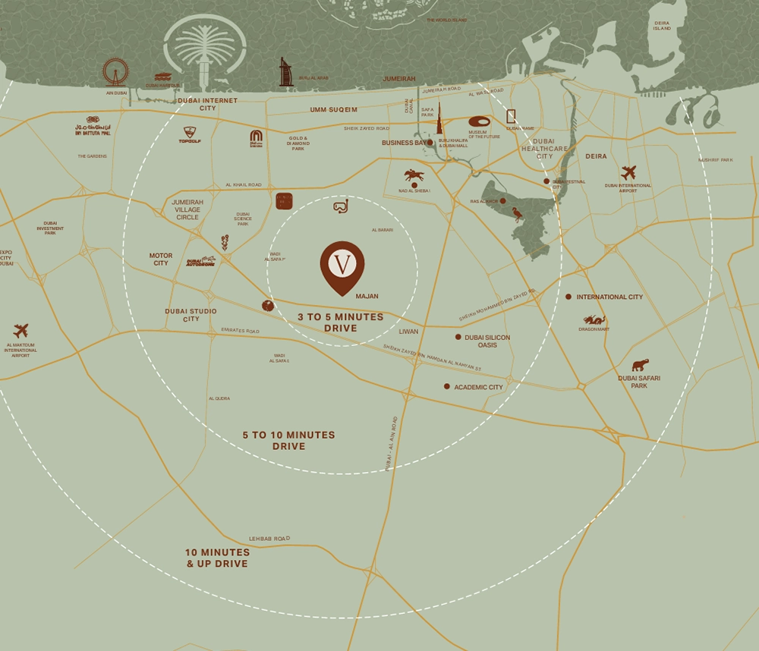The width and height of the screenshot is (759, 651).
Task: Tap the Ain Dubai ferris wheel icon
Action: click(115, 72)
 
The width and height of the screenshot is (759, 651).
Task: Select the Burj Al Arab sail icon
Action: click(285, 72)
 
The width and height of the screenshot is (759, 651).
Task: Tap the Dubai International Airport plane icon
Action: click(628, 172)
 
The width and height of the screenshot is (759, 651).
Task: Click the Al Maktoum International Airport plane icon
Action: click(20, 331)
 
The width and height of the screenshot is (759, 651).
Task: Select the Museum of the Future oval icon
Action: click(479, 121)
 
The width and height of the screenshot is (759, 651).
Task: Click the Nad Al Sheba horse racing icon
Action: click(414, 175)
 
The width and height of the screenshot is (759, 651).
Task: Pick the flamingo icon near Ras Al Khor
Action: click(518, 214)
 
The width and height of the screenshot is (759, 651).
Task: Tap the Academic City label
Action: click(478, 387)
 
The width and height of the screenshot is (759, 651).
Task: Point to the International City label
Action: click(609, 297)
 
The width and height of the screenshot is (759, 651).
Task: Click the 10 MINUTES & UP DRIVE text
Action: click(217, 558)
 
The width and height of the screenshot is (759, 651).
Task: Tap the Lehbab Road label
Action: click(269, 538)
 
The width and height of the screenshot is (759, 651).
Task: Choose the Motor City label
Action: click(161, 259)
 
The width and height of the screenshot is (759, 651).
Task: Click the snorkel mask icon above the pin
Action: click(341, 206)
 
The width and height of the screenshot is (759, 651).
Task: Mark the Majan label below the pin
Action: click(366, 297)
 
